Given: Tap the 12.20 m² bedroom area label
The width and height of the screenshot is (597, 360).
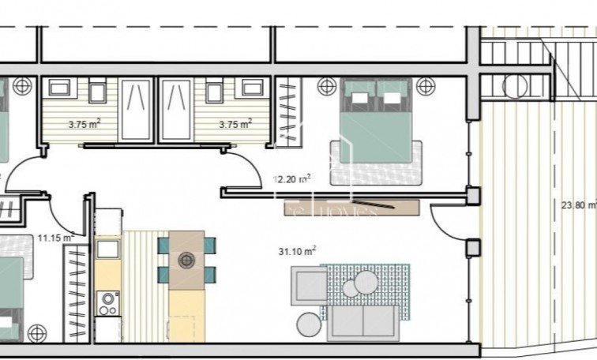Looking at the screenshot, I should coord(291,179).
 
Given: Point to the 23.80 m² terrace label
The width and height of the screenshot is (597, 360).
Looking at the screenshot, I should coord(578,204).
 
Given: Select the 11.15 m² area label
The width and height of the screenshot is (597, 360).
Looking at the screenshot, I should coord(55,236).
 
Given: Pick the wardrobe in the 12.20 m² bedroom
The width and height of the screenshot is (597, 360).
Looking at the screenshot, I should coord(290,111).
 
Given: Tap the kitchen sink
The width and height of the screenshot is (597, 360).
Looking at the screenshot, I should coord(108,250).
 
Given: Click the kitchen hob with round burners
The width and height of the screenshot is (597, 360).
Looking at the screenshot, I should coord(107,303).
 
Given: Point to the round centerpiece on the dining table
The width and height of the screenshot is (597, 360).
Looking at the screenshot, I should coord(186,259).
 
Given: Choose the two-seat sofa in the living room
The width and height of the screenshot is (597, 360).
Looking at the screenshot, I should coord(363,322).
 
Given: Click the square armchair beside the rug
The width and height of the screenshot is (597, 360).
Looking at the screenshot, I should coord(309,285).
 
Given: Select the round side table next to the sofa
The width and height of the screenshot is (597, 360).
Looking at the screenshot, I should coord(309,324).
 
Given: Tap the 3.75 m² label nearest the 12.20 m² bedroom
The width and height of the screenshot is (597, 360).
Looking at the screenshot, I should coord(235,123).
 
